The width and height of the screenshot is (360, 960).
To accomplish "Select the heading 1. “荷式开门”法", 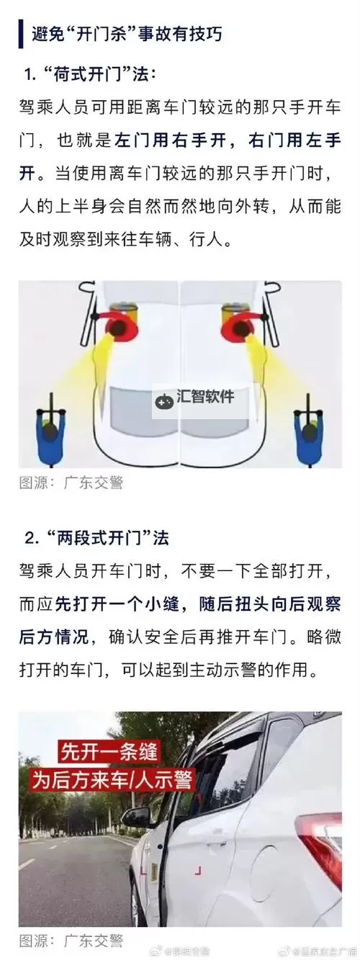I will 89,74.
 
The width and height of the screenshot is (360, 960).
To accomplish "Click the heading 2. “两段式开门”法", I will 97,538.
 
